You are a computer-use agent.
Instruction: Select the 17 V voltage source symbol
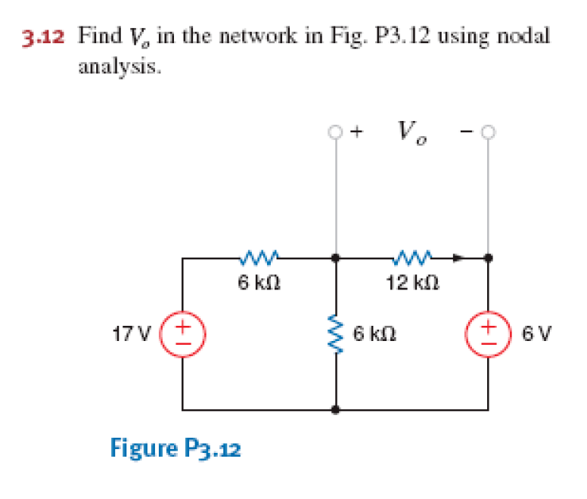[x=183, y=333]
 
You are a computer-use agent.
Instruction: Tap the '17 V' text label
[x=137, y=333]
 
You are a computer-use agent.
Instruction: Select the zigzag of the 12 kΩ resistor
[x=412, y=259]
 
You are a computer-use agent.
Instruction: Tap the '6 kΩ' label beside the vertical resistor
[x=375, y=333]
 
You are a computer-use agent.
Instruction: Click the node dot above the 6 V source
[x=488, y=259]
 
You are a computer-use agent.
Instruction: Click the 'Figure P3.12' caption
[x=175, y=449]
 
